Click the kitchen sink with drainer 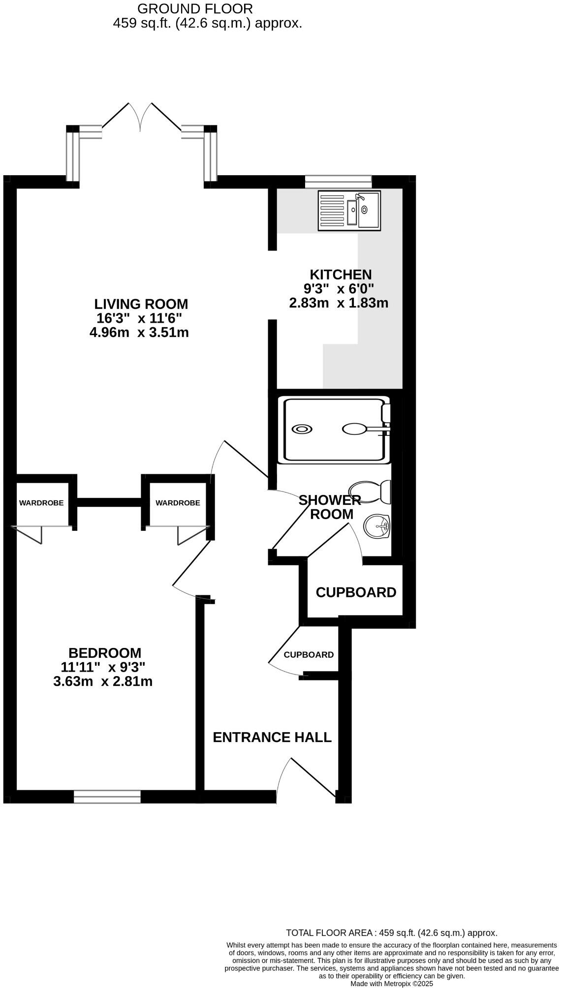(349, 210)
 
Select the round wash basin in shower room (376, 526)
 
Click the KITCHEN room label (341, 275)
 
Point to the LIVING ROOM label (141, 304)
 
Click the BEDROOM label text (105, 653)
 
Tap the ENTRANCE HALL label (272, 737)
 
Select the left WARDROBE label (41, 503)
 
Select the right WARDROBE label (178, 503)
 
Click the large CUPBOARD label (356, 592)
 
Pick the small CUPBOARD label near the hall (309, 655)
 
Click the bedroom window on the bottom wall (107, 797)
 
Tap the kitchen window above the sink (338, 181)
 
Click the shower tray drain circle (302, 429)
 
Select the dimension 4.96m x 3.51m (139, 333)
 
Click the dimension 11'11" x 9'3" (103, 667)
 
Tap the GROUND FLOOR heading (195, 8)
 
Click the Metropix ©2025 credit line (392, 984)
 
